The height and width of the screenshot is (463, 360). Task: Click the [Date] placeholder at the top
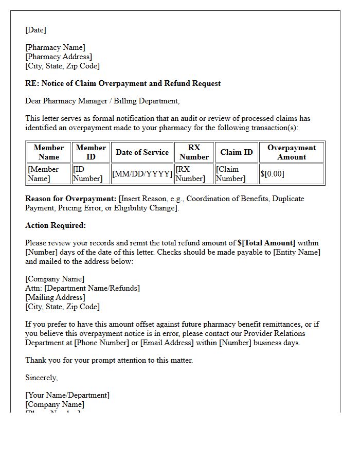(x=35, y=30)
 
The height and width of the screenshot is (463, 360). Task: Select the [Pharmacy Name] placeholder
(x=55, y=47)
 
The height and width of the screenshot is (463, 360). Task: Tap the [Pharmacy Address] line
(x=59, y=57)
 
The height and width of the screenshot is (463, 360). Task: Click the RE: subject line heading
(x=123, y=83)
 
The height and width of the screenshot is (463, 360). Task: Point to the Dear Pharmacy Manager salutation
(x=102, y=101)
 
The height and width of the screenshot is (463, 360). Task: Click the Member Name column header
(x=49, y=152)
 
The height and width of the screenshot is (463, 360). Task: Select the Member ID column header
(x=91, y=152)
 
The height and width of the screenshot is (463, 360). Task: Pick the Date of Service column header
(x=142, y=152)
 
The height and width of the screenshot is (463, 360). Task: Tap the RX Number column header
(x=194, y=152)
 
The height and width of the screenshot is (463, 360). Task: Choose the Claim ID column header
(x=237, y=152)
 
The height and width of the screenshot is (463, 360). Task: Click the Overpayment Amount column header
(x=292, y=152)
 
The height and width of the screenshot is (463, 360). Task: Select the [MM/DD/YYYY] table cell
(x=142, y=174)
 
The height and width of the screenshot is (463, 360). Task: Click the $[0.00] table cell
(x=272, y=174)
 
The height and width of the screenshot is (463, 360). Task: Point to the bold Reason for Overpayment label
(x=71, y=199)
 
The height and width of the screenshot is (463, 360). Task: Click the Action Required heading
(x=56, y=225)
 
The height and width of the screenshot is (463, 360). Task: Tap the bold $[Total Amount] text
(x=266, y=243)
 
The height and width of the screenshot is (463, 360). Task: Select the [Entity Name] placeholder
(x=296, y=252)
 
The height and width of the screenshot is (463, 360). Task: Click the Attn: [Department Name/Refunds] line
(x=82, y=288)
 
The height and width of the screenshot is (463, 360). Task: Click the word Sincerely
(x=41, y=378)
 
